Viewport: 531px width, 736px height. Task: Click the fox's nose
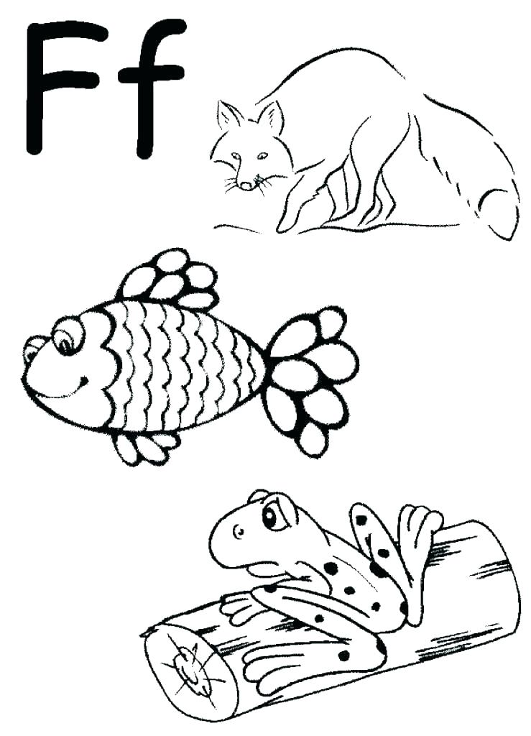tap(246, 185)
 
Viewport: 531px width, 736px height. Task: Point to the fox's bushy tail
tap(496, 201)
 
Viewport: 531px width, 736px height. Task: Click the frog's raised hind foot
tap(420, 525)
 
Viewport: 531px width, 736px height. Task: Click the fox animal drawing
tap(359, 144)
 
